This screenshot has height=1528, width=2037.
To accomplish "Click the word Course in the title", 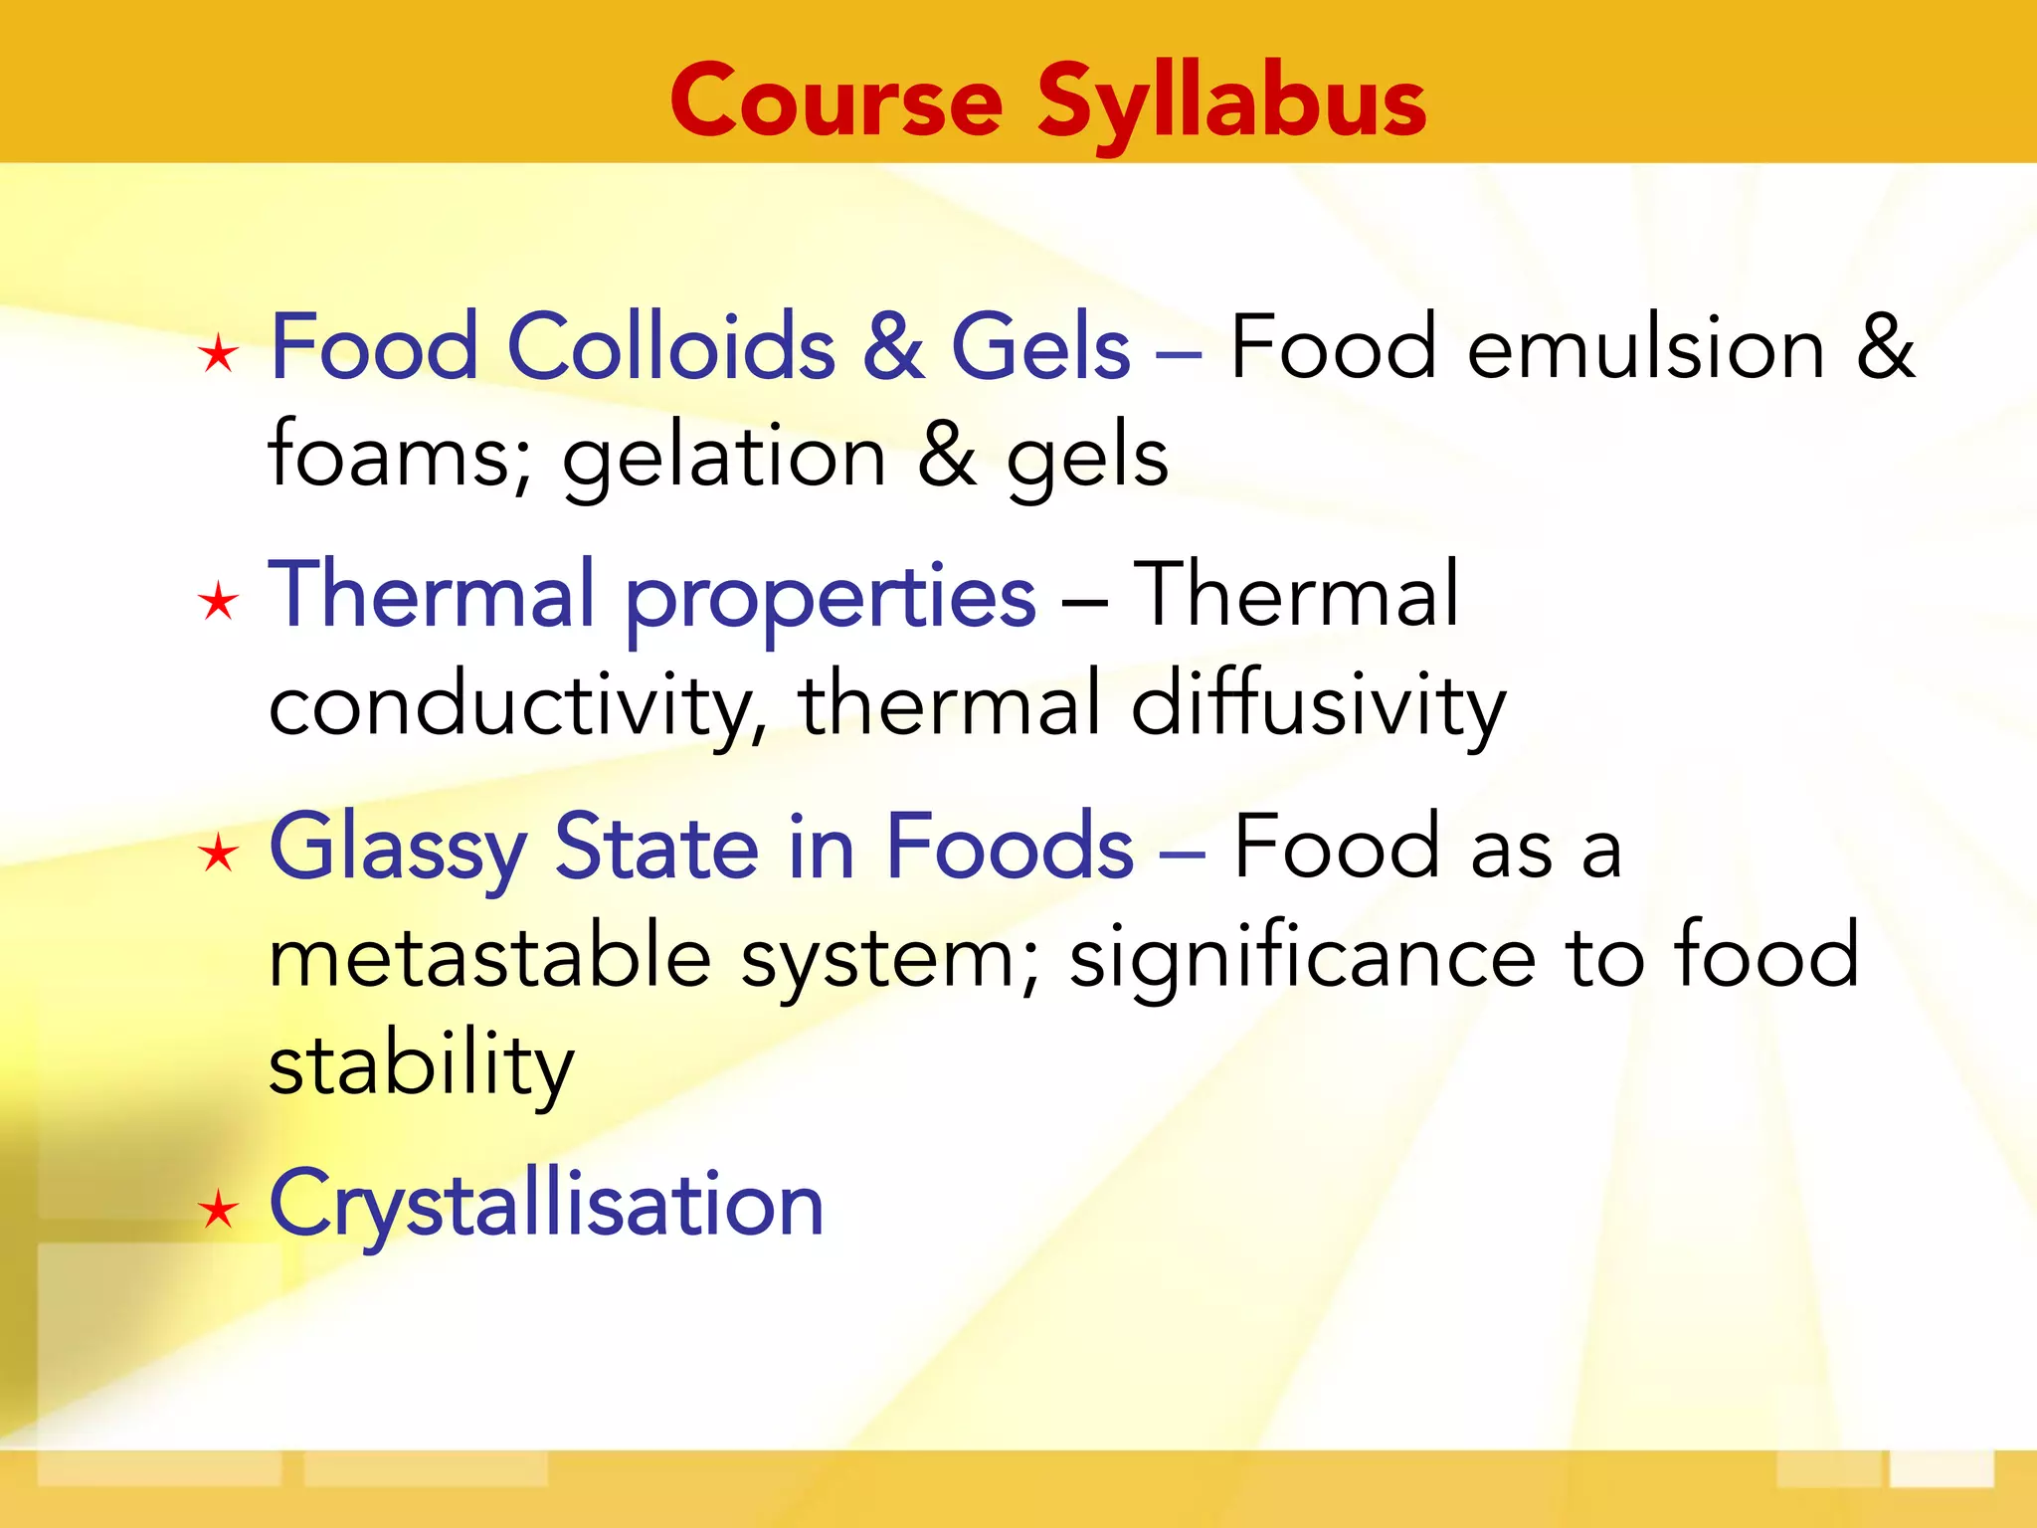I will tap(836, 102).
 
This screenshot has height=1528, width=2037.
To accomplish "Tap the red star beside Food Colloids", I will tap(218, 354).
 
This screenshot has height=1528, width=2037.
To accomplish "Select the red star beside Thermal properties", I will tap(218, 602).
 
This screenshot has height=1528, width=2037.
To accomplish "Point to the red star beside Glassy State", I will tap(218, 854).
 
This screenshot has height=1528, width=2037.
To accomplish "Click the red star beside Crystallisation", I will tap(218, 1211).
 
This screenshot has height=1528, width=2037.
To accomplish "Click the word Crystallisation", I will tap(546, 1205).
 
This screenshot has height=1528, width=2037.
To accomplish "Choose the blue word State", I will tap(656, 848).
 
